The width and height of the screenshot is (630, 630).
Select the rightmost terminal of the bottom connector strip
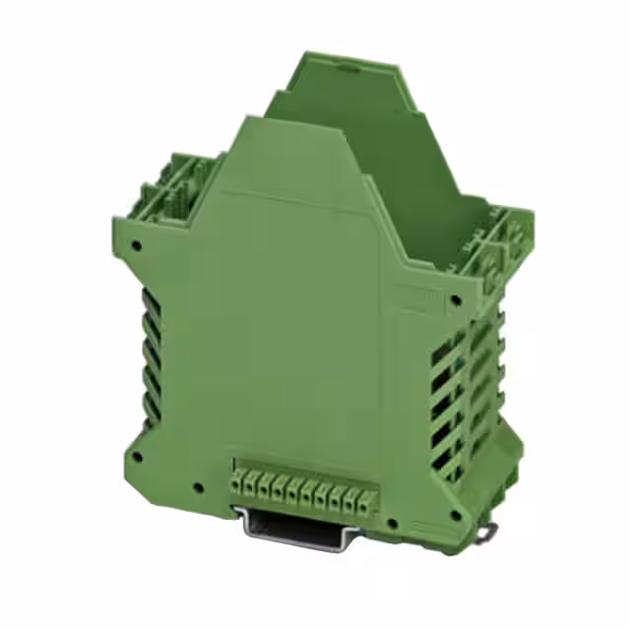[365, 484]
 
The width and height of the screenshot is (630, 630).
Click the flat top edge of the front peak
[285, 121]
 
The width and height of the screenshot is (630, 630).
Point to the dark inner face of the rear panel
[394, 157]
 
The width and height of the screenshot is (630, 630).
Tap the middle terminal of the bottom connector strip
[303, 484]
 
